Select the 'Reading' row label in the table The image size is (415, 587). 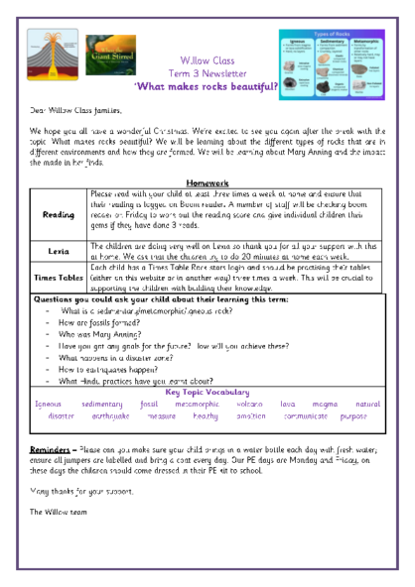59,185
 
